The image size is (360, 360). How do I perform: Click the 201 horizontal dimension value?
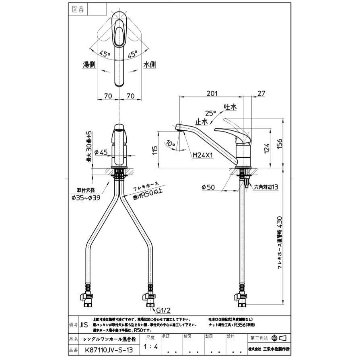[x=212, y=93]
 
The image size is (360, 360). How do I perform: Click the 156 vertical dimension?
[x=280, y=144]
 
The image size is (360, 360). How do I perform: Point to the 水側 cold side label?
[x=150, y=64]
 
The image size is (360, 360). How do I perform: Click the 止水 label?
[x=202, y=121]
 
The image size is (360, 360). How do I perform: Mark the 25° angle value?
[x=211, y=113]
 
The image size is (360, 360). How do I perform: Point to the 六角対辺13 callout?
[x=266, y=187]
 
